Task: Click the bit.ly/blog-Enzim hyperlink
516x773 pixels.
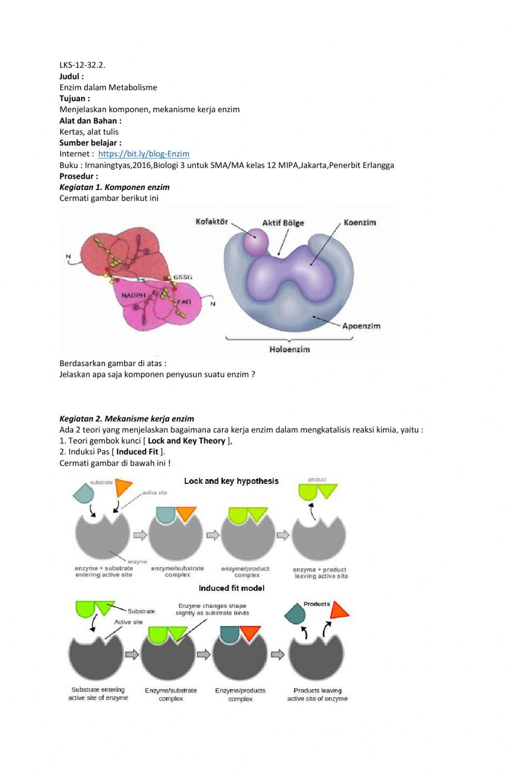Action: pos(143,154)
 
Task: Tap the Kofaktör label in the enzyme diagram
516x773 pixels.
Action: pos(212,222)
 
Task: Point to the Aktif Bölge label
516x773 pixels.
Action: pos(283,223)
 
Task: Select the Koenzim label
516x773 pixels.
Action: pos(360,223)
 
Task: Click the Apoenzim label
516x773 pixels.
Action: pos(361,326)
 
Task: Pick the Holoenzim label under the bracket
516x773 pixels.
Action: pos(289,350)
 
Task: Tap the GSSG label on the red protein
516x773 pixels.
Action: pos(183,277)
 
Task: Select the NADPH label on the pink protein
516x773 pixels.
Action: pos(134,295)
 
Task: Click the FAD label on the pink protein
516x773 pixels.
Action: pos(184,302)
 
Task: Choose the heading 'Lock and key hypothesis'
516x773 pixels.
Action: pos(231,481)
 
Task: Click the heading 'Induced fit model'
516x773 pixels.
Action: pos(232,588)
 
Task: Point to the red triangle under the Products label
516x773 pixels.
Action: pos(339,610)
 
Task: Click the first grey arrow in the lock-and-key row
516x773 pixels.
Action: pos(140,535)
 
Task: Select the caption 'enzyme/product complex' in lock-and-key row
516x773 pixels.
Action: pos(246,572)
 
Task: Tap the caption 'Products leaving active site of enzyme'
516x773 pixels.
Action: pos(317,695)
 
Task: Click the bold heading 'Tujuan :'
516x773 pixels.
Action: pos(75,99)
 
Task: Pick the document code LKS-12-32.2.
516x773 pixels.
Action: pos(83,65)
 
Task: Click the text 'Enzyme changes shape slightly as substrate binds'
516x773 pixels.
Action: pos(212,609)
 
